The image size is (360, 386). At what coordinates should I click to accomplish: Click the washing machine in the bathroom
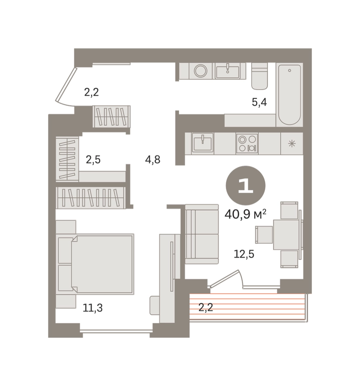tap(201, 71)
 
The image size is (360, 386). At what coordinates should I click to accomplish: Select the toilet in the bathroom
tap(259, 76)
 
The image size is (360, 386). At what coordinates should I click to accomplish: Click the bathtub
tap(289, 94)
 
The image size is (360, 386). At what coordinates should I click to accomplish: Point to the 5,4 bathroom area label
tap(259, 102)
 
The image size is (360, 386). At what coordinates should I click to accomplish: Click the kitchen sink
tap(203, 142)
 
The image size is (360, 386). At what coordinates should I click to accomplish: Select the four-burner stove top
tap(247, 144)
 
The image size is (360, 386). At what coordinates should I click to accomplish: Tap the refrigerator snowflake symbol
tap(291, 144)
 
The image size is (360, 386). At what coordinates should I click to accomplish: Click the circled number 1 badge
tap(246, 185)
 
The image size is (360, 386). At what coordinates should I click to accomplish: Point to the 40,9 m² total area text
tap(245, 214)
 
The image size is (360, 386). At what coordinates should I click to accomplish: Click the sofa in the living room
tap(202, 234)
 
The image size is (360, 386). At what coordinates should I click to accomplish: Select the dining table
tap(286, 235)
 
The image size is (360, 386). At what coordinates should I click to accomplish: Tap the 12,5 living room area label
tap(244, 254)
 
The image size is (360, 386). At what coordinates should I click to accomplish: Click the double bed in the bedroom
tap(96, 264)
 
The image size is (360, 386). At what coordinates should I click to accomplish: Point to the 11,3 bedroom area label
tap(93, 308)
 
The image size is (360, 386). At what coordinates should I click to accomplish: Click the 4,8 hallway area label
tap(153, 160)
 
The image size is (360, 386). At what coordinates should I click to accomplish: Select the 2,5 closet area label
tap(93, 160)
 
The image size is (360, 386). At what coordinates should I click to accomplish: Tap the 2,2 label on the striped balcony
tap(205, 308)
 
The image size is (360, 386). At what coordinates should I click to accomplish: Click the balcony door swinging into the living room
tap(224, 279)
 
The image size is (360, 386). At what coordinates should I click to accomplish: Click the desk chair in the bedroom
tap(155, 305)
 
